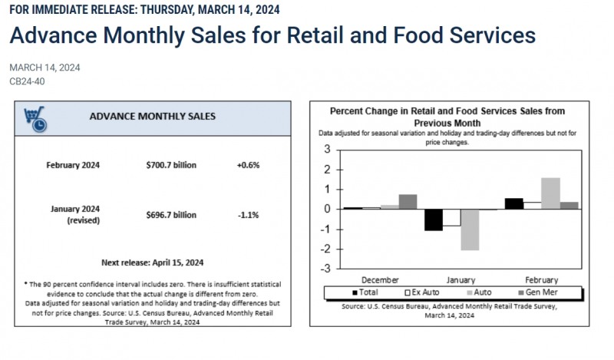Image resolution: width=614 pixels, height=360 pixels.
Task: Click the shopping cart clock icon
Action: tap(34, 118)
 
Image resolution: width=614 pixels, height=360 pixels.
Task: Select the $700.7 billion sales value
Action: tap(173, 165)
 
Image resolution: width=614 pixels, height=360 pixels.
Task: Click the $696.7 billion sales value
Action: tap(173, 215)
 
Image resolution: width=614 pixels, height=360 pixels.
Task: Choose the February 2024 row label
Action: tap(73, 165)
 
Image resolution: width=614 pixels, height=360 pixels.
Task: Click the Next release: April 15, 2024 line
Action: tap(152, 261)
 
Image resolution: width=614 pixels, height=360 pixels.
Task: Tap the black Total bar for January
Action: tap(434, 220)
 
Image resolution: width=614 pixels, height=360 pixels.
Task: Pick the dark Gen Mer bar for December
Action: tap(408, 202)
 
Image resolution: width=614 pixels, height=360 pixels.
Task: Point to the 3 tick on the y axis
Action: tap(327, 150)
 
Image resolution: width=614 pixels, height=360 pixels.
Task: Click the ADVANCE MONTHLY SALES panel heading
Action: tap(152, 117)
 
